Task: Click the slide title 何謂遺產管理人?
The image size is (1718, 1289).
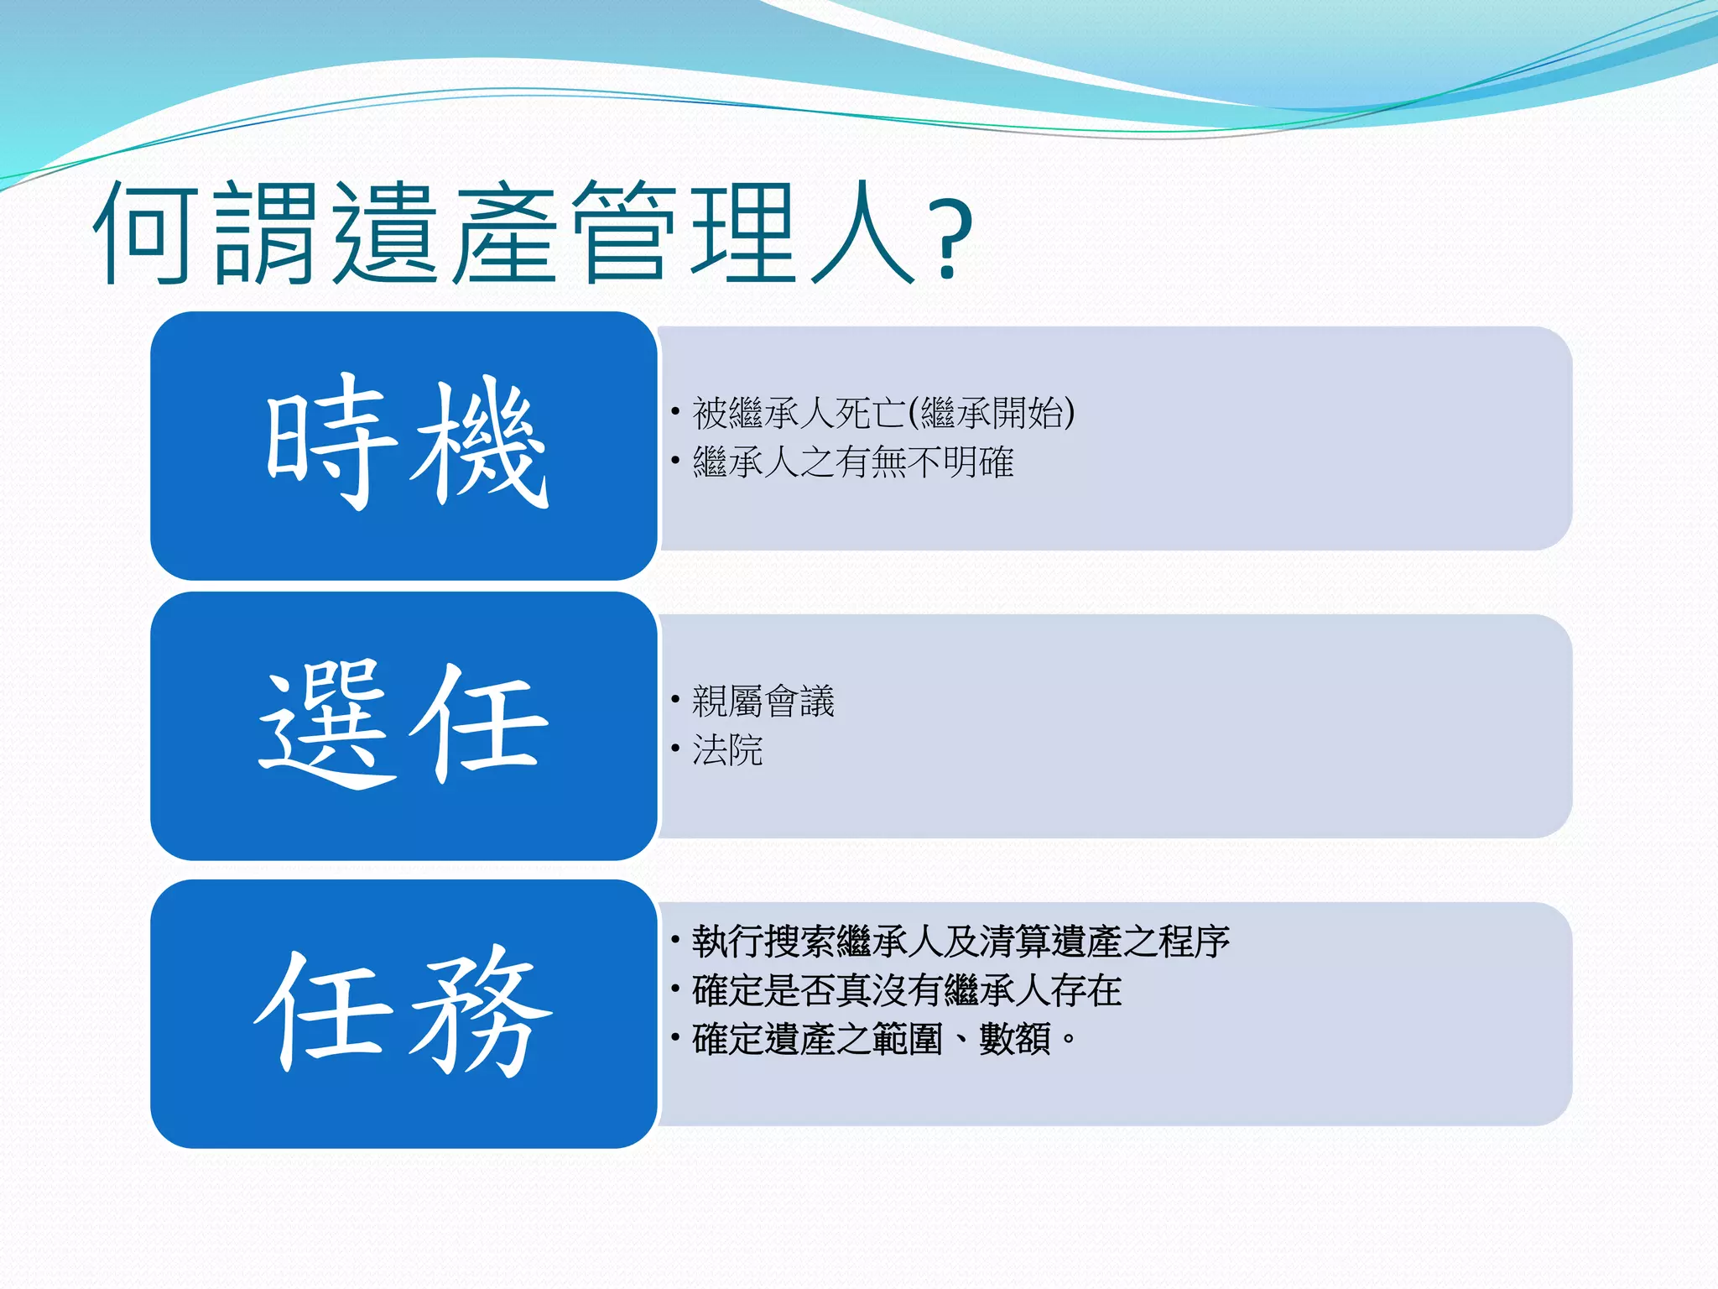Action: pyautogui.click(x=533, y=233)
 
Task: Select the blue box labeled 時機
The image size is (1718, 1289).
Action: pyautogui.click(x=403, y=445)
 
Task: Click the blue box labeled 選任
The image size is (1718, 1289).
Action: pyautogui.click(x=403, y=726)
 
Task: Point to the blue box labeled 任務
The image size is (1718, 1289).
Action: pyautogui.click(x=403, y=1014)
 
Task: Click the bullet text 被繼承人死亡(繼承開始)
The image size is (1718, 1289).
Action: pyautogui.click(x=882, y=413)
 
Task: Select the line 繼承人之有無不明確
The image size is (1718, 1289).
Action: pyautogui.click(x=852, y=462)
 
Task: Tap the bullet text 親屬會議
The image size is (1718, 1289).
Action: pyautogui.click(x=763, y=701)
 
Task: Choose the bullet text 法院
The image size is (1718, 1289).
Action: pyautogui.click(x=727, y=749)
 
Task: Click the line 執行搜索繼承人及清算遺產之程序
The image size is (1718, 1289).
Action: pyautogui.click(x=961, y=942)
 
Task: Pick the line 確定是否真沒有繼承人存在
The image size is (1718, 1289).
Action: pyautogui.click(x=906, y=990)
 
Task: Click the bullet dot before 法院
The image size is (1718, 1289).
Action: pyautogui.click(x=675, y=748)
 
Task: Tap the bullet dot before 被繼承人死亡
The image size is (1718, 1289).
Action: pyautogui.click(x=675, y=411)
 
